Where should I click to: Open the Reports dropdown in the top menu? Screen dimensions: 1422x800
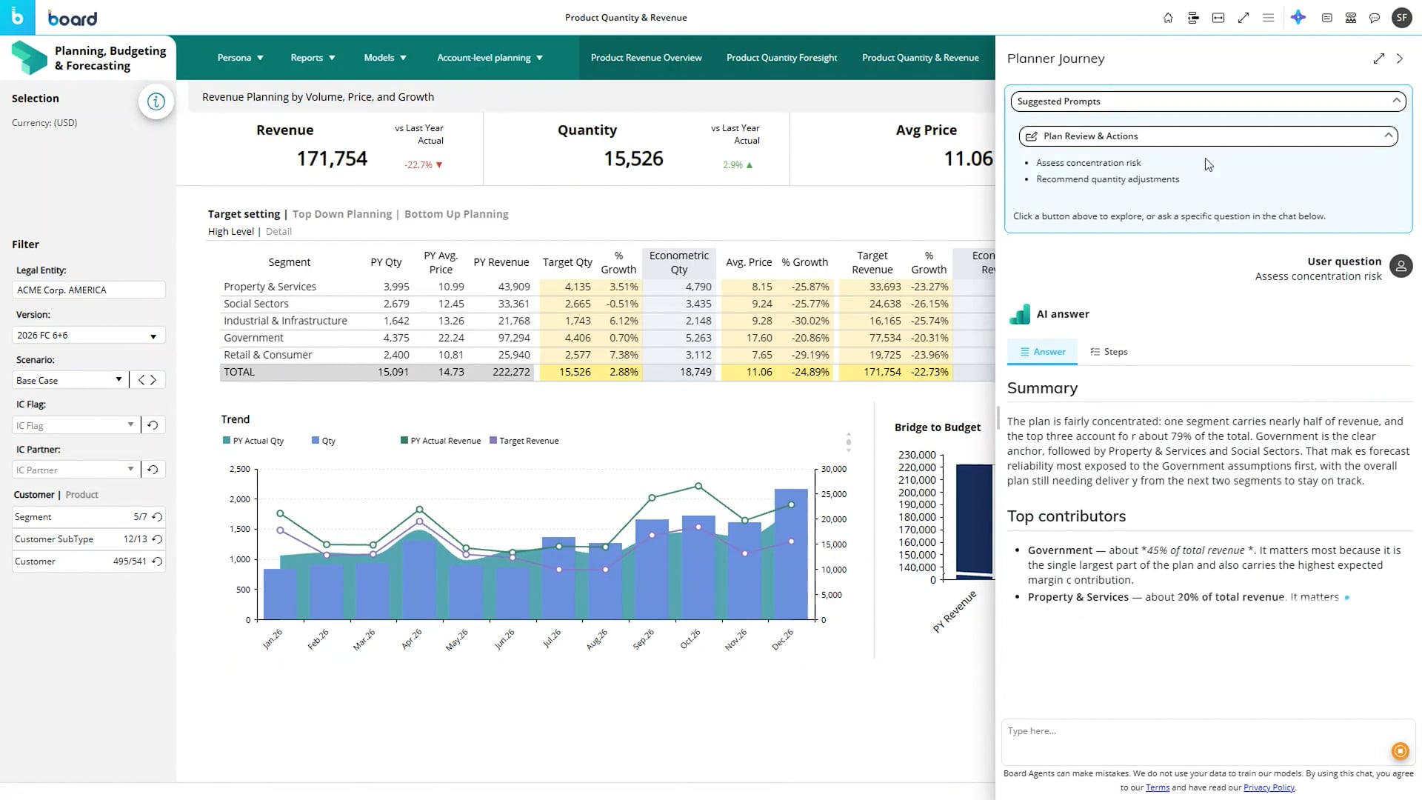(313, 58)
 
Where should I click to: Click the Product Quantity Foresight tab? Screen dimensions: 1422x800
(781, 58)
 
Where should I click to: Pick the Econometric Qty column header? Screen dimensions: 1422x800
(678, 262)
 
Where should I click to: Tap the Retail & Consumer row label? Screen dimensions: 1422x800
(268, 355)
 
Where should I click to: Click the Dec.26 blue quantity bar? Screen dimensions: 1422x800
(791, 553)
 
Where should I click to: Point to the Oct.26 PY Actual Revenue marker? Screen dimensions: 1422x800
(698, 487)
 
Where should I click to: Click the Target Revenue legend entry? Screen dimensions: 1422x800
(524, 441)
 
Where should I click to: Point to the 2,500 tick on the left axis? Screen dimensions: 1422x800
(239, 469)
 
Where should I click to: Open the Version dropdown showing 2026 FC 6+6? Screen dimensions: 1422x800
(88, 336)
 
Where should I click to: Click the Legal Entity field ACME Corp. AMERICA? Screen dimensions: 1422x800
(88, 290)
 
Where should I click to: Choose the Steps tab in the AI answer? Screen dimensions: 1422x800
(1109, 352)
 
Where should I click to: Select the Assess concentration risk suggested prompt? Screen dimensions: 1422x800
(1088, 163)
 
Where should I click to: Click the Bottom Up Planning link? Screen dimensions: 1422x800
(456, 214)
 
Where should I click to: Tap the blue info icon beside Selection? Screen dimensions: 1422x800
(156, 101)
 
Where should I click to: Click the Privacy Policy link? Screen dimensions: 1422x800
(1269, 787)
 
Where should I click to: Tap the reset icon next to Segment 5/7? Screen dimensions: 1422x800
(157, 517)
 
